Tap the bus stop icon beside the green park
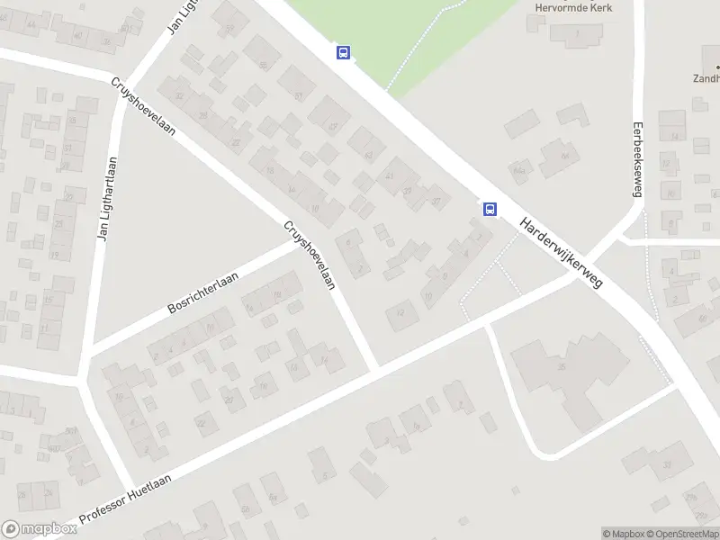[x=343, y=52]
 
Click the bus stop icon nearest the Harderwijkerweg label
[x=490, y=209]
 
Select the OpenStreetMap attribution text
[x=688, y=534]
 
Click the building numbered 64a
[x=518, y=168]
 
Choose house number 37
[x=436, y=201]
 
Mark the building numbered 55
[x=264, y=65]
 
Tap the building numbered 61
[x=297, y=95]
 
